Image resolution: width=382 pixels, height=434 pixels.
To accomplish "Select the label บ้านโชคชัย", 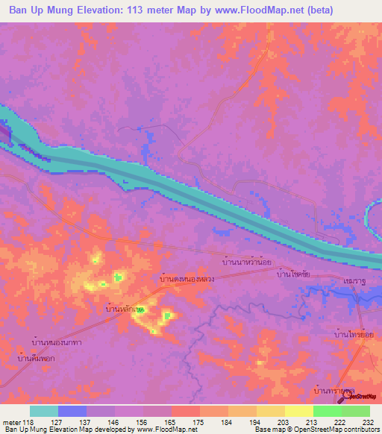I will click(x=293, y=275).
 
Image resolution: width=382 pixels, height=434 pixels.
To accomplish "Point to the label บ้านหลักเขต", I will click(x=125, y=308).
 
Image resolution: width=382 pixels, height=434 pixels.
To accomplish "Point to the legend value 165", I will click(x=171, y=421).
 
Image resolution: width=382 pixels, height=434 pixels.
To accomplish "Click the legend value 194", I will click(x=256, y=421).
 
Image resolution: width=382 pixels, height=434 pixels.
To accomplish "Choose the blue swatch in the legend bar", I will click(x=72, y=411).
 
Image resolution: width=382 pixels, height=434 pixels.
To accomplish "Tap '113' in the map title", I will click(x=150, y=10).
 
